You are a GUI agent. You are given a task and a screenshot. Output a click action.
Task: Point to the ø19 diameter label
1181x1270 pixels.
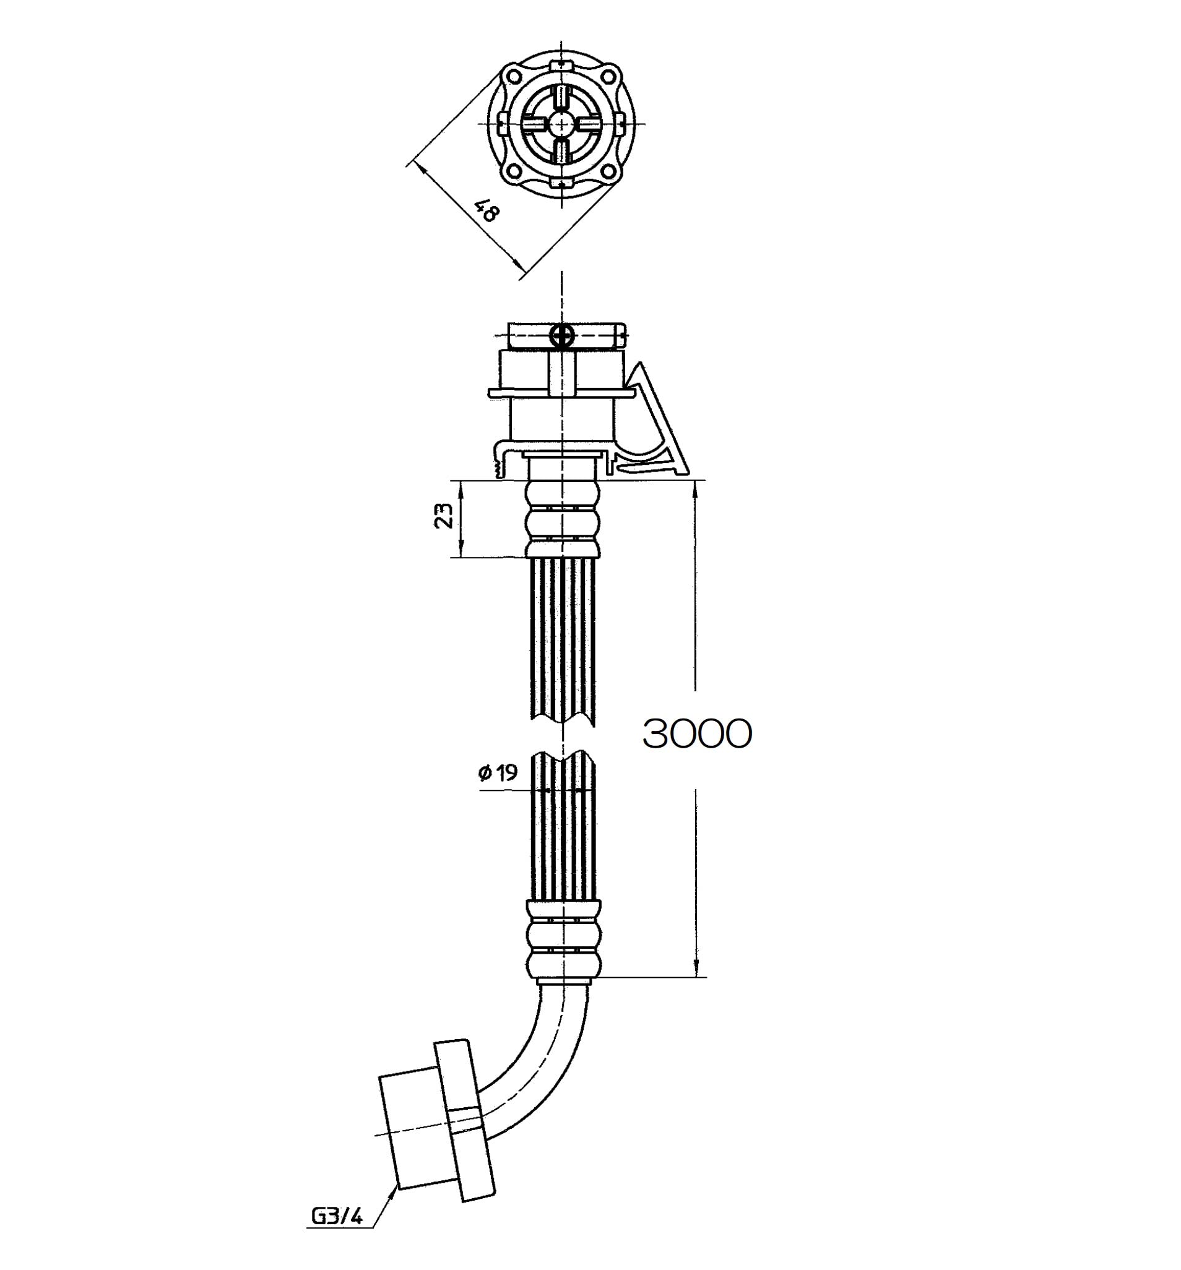click(x=498, y=773)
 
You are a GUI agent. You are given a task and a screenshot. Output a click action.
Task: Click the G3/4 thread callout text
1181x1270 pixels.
click(x=337, y=1217)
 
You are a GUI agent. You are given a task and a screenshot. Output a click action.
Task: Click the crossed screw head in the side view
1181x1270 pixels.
click(x=561, y=335)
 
